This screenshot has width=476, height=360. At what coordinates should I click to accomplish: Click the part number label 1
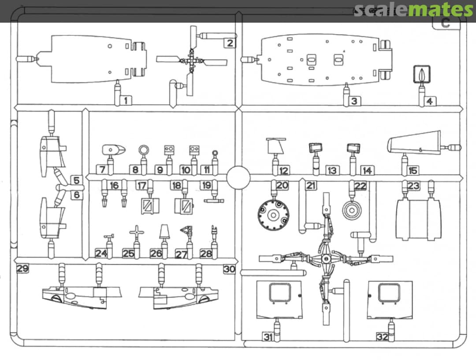[126, 101]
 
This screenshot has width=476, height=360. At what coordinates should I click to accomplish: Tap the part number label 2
[230, 43]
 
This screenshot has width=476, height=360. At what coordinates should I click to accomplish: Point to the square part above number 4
[422, 74]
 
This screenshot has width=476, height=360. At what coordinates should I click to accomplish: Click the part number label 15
[413, 170]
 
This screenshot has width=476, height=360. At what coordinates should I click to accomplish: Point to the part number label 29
[22, 269]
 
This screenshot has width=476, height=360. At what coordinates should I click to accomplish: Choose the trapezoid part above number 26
[164, 232]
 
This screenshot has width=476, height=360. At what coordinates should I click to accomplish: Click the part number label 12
[284, 170]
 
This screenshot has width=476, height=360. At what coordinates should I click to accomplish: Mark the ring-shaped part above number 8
[144, 150]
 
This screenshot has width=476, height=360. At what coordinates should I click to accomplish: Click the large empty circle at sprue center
[238, 177]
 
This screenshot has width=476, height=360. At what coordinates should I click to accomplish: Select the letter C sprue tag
[446, 23]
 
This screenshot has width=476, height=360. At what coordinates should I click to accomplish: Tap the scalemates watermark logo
[413, 10]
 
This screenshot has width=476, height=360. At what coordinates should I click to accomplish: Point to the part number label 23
[413, 186]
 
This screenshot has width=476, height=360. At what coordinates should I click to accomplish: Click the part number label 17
[141, 186]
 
